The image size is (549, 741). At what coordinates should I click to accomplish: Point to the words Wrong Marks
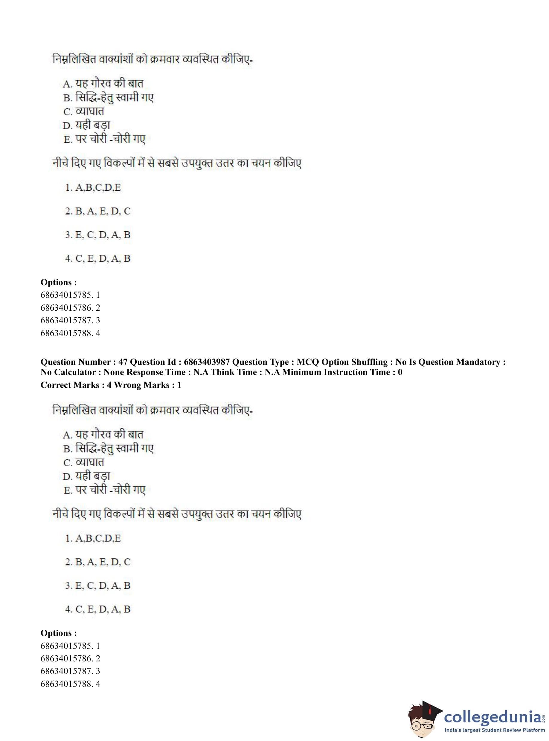(x=142, y=385)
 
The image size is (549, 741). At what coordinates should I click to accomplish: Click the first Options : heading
(x=59, y=283)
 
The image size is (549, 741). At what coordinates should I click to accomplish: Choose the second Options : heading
(x=59, y=633)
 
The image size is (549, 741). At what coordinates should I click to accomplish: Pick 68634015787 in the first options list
(x=66, y=320)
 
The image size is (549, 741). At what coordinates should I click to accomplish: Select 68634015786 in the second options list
(x=66, y=658)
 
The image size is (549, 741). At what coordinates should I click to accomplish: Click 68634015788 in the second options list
(x=66, y=684)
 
